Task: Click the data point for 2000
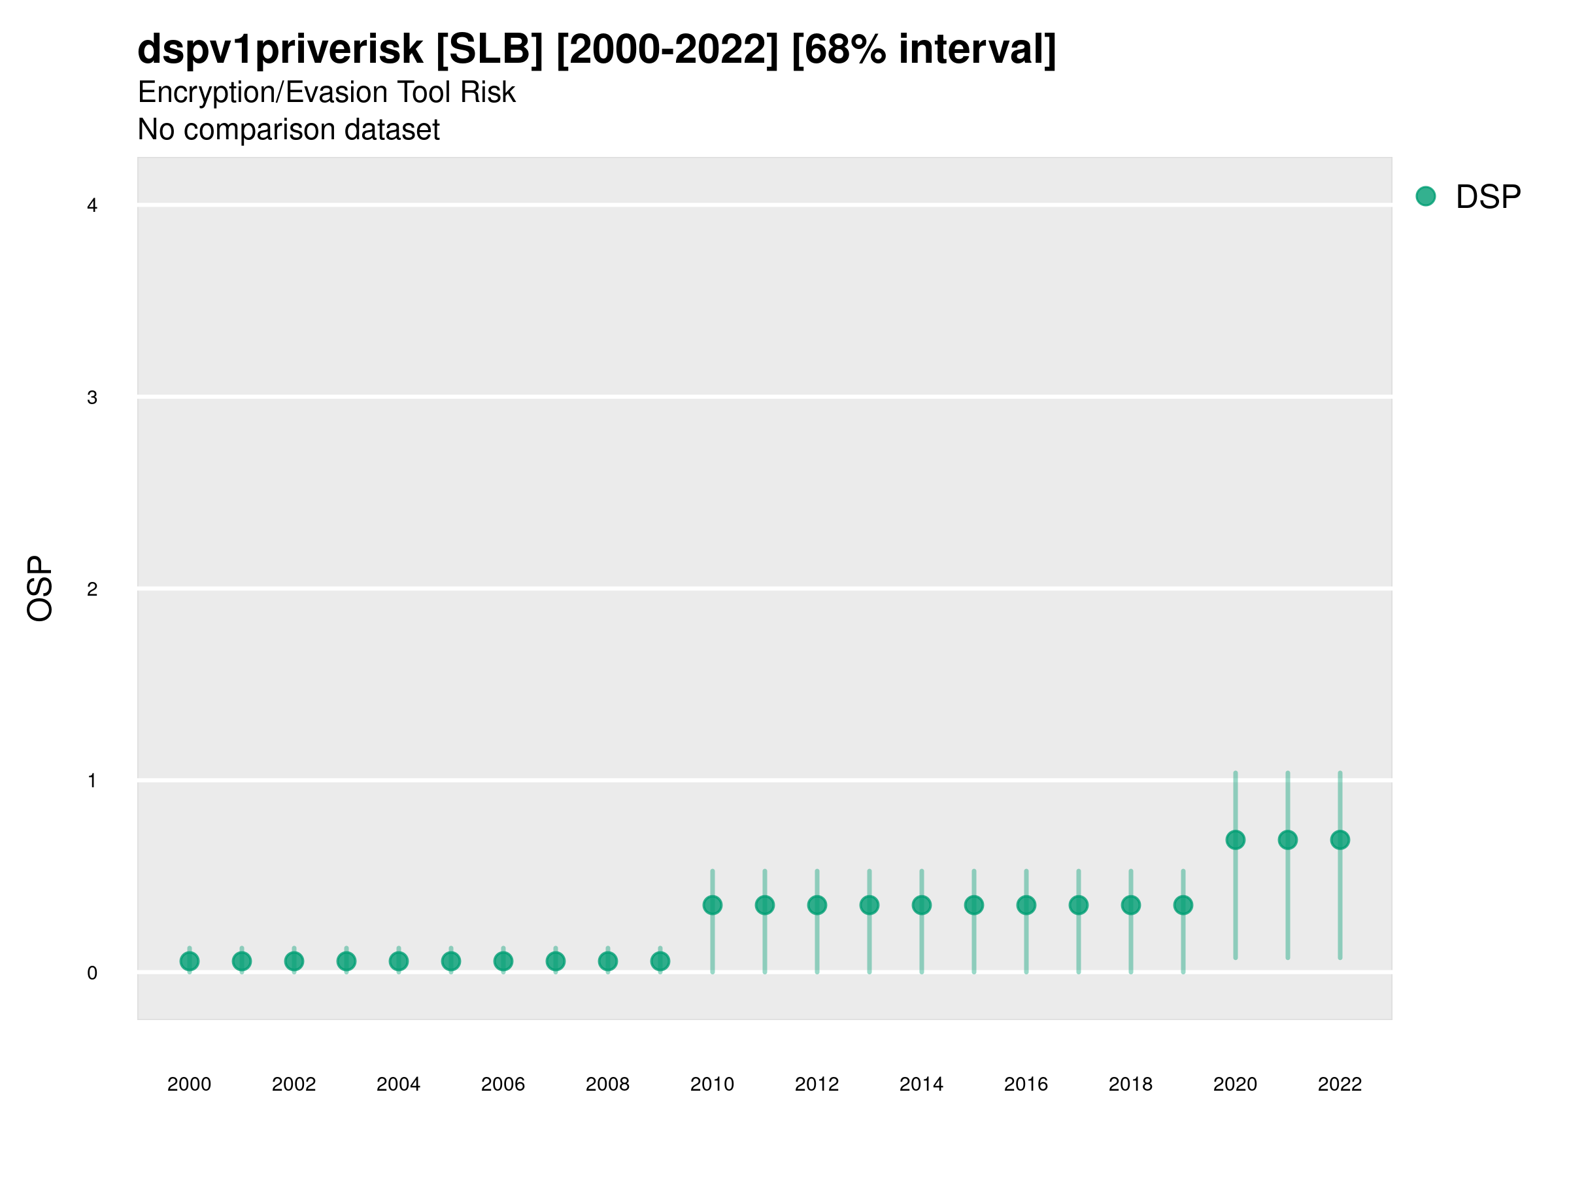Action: coord(190,961)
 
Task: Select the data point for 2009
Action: coord(660,961)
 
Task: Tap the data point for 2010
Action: coord(712,905)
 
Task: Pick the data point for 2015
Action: coord(974,905)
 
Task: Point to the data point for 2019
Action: coord(1183,905)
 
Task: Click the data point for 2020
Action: coord(1235,840)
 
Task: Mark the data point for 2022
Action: coord(1340,840)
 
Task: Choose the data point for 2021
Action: coord(1287,840)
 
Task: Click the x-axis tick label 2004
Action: coord(398,1084)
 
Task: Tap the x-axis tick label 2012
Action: coord(817,1084)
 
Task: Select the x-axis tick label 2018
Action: coord(1130,1084)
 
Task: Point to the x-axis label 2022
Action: coord(1340,1084)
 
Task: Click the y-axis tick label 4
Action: coord(92,206)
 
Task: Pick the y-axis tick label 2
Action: coord(92,589)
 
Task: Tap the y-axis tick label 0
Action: coord(92,974)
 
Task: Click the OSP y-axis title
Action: coord(40,589)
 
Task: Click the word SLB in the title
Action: coord(490,50)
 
